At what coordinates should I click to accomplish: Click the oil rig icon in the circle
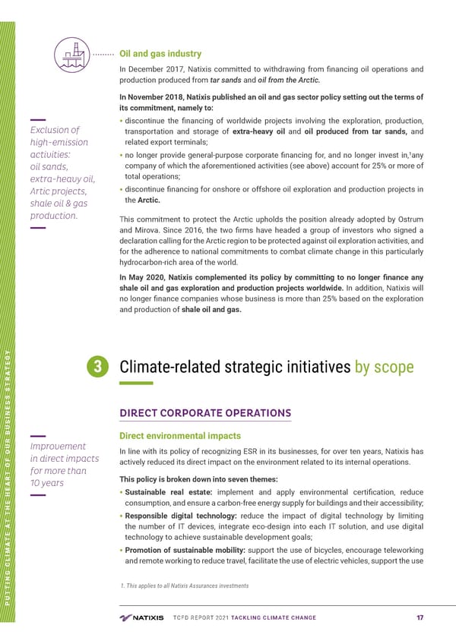click(x=72, y=54)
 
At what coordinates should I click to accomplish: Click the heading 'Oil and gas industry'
click(x=161, y=54)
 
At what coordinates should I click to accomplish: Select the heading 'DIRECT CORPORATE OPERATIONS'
click(x=205, y=413)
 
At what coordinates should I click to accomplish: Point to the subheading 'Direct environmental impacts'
click(x=180, y=436)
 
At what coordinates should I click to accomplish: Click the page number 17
click(x=419, y=617)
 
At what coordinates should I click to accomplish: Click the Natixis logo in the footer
click(x=141, y=617)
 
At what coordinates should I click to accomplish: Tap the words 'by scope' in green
click(x=384, y=368)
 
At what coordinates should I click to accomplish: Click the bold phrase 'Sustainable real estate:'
click(x=169, y=493)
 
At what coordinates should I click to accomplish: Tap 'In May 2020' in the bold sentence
click(x=144, y=276)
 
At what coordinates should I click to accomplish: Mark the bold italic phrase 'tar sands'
click(x=227, y=81)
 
